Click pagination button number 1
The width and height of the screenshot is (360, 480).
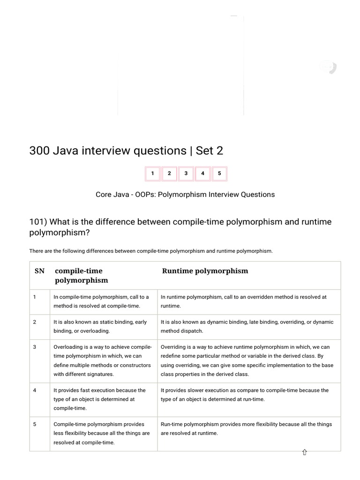click(x=152, y=173)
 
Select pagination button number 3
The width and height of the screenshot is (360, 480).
click(x=186, y=173)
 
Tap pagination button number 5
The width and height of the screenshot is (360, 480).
click(x=219, y=173)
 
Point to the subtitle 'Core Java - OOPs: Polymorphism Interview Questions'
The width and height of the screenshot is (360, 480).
click(x=185, y=195)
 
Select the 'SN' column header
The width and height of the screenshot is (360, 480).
click(x=39, y=271)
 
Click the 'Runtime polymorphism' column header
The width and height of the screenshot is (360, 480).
click(x=205, y=271)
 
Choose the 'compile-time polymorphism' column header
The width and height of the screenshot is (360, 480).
click(x=82, y=276)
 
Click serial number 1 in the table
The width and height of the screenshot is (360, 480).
click(x=35, y=297)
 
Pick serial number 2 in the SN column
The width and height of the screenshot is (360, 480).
click(x=35, y=322)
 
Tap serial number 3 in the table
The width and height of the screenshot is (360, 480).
click(x=35, y=347)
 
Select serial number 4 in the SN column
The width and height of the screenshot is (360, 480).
click(x=35, y=390)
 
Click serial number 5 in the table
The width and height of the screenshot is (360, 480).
click(x=35, y=424)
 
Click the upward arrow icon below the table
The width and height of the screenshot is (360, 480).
click(x=304, y=452)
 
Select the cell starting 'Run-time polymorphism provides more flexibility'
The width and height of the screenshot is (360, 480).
click(x=246, y=428)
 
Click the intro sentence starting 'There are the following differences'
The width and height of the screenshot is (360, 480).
click(x=150, y=251)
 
